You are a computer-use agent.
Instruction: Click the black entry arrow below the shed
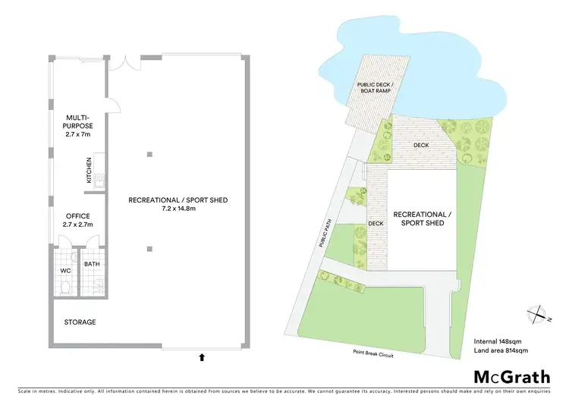201,355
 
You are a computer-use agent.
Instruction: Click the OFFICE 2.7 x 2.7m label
78,220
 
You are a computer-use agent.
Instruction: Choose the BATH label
93,264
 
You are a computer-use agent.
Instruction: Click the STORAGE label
80,322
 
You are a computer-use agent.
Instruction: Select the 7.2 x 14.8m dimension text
178,209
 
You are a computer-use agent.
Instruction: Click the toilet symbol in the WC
65,287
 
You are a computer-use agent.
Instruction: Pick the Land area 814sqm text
500,350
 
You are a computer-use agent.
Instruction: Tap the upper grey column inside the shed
150,155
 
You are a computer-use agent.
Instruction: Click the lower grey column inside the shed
150,248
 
